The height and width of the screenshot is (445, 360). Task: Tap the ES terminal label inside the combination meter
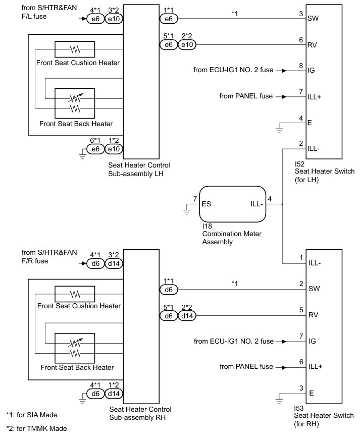[x=205, y=204]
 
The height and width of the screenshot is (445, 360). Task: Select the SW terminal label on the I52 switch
[x=312, y=19]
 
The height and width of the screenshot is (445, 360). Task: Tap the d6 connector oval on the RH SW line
[x=168, y=290]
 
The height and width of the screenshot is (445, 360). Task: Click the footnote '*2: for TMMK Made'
[x=36, y=428]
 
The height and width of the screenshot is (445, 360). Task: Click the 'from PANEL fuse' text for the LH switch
[x=245, y=96]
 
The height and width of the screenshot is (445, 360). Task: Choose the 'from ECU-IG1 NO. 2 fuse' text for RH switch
[x=233, y=342]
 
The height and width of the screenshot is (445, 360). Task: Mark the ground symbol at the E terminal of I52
[x=280, y=130]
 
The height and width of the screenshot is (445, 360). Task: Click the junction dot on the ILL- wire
[x=282, y=204]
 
